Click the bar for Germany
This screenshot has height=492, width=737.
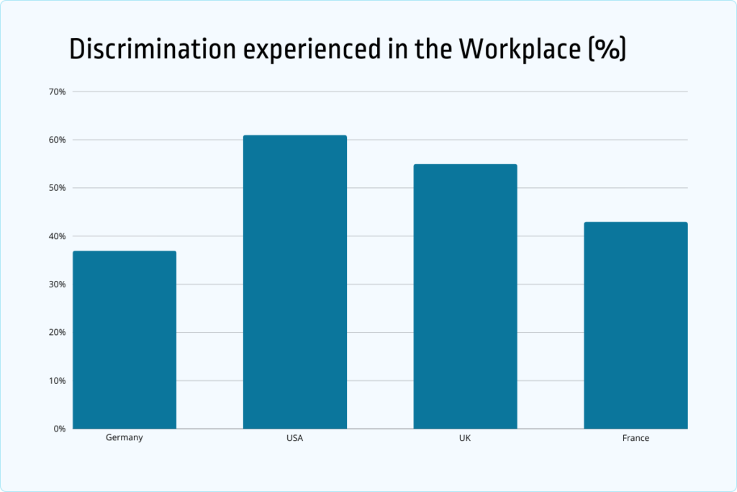click(125, 339)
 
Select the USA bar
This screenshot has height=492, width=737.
click(295, 282)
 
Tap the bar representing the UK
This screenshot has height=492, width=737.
click(465, 296)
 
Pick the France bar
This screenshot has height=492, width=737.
click(636, 325)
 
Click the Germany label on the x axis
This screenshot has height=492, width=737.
click(125, 437)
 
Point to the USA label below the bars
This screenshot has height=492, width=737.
click(295, 438)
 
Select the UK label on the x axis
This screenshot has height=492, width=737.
click(465, 438)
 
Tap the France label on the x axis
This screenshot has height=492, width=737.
click(636, 438)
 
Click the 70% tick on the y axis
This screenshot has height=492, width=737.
click(58, 91)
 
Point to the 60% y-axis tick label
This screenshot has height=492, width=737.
click(58, 140)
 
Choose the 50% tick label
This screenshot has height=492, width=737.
click(58, 188)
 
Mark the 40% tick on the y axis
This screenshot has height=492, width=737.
click(58, 236)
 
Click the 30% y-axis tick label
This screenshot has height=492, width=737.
click(58, 285)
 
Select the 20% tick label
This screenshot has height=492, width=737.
click(58, 333)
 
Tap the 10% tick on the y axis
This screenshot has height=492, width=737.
click(58, 380)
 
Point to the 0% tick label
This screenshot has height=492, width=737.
click(60, 429)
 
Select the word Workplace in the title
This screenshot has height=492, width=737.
click(510, 49)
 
